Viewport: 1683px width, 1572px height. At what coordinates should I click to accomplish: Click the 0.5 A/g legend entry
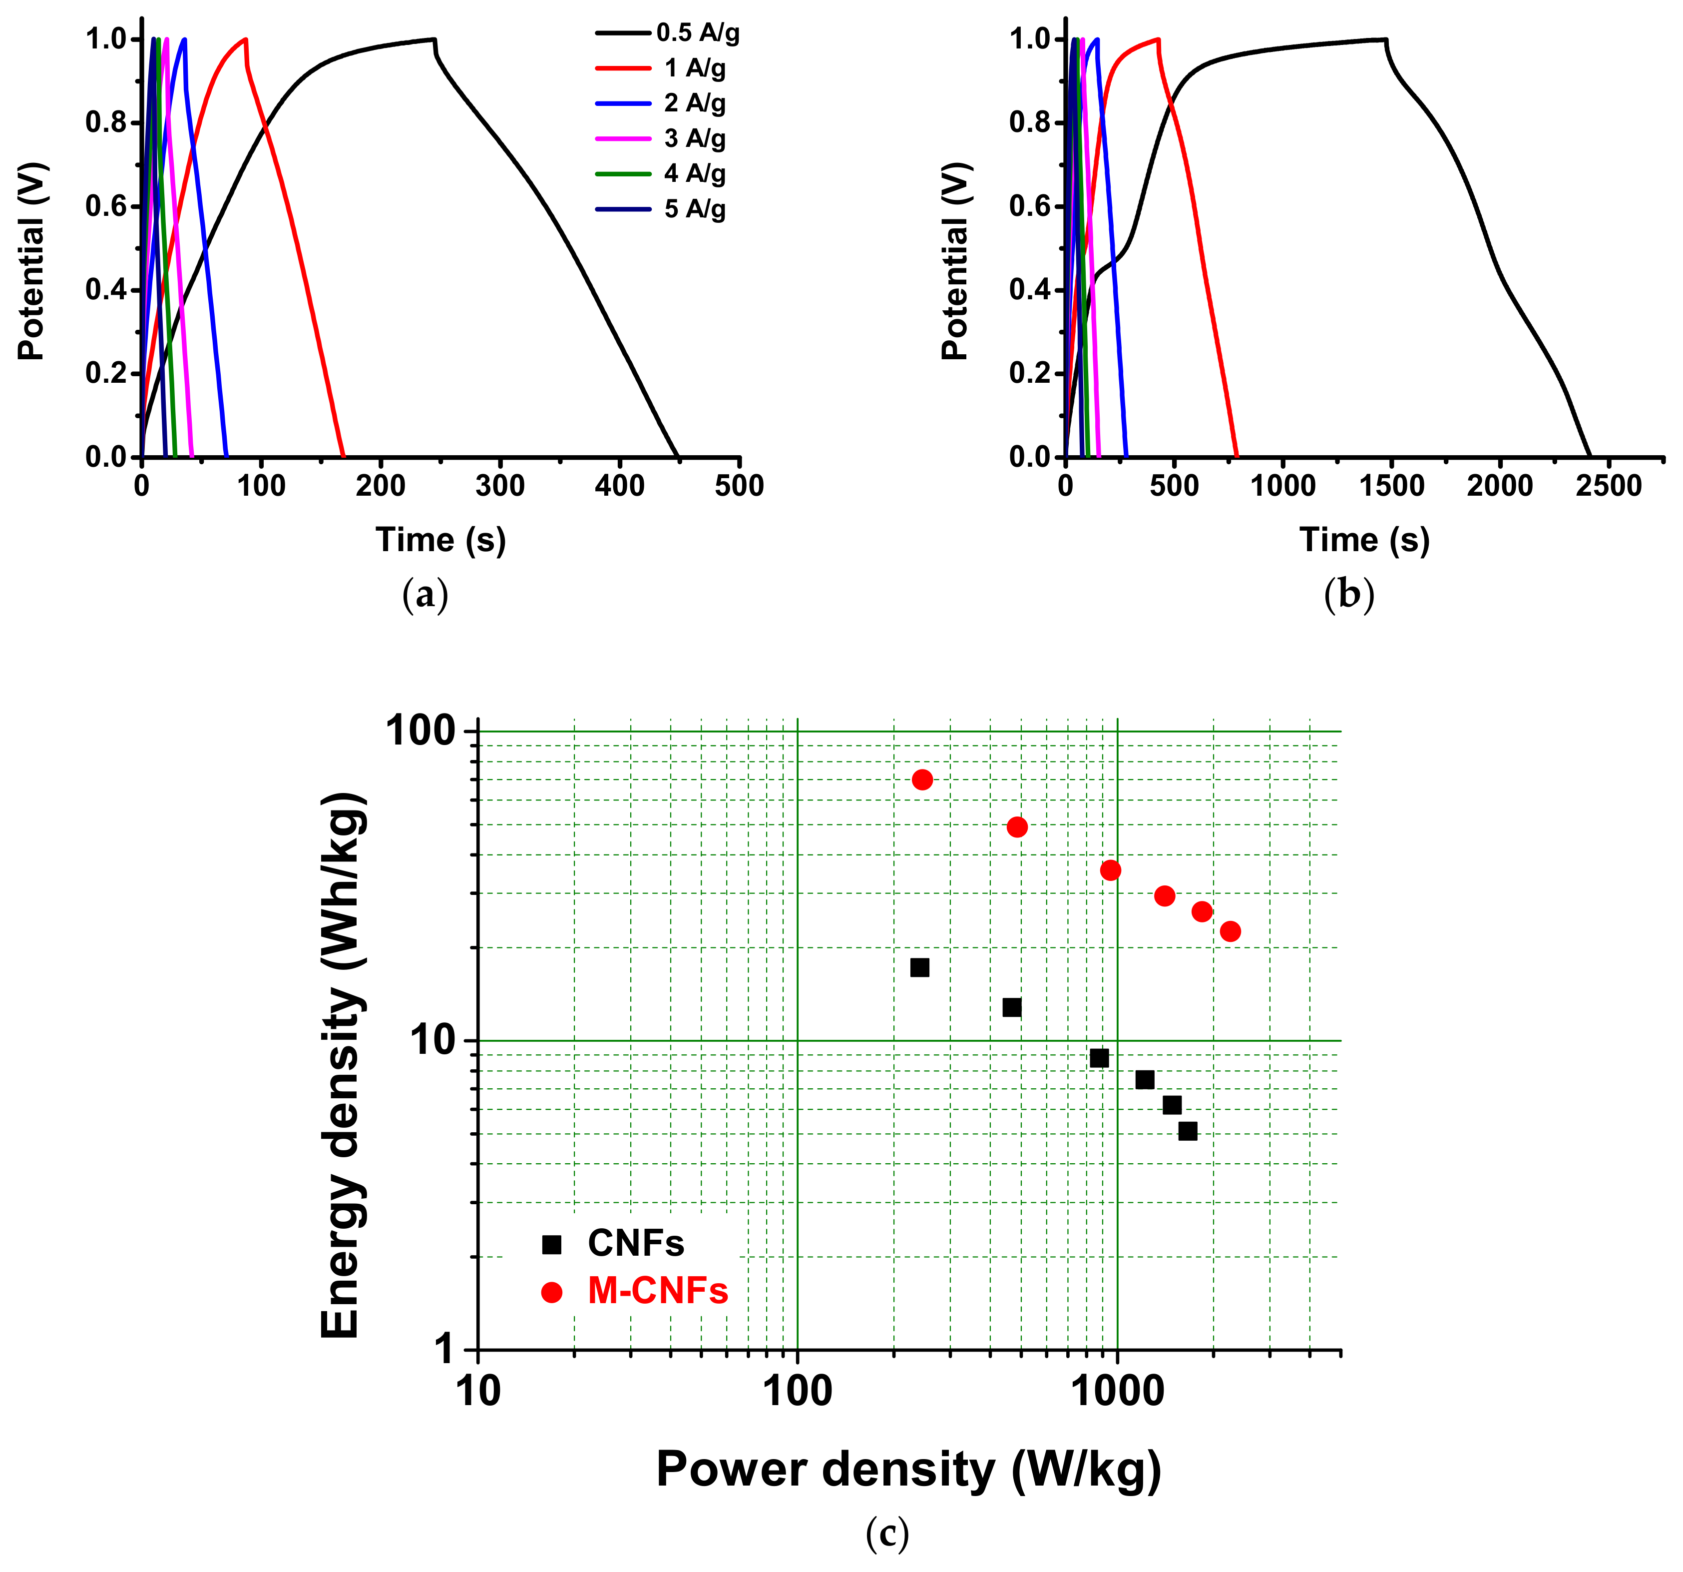(668, 33)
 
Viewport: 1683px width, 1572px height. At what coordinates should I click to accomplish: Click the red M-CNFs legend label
(658, 1291)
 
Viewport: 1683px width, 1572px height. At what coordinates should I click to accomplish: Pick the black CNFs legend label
(636, 1243)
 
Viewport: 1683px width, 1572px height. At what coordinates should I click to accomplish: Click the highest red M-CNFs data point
(923, 779)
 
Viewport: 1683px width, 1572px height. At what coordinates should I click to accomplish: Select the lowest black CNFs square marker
(1188, 1131)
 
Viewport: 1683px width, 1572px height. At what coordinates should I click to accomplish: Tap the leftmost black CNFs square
(919, 967)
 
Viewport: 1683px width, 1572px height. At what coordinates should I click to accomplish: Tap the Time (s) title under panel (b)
(1365, 540)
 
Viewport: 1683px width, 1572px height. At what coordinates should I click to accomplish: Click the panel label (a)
(425, 595)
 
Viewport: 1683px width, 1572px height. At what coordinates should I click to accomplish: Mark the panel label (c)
(887, 1533)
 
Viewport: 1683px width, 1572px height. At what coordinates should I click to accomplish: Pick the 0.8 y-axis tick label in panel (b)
(1029, 123)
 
